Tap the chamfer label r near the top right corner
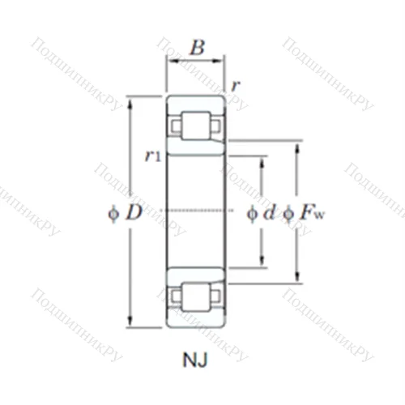(x=234, y=84)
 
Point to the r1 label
(x=151, y=156)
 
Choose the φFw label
(x=299, y=214)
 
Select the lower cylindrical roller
(x=195, y=296)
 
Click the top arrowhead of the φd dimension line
(x=261, y=160)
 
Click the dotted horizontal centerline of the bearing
(x=195, y=211)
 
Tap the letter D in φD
(x=134, y=214)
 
